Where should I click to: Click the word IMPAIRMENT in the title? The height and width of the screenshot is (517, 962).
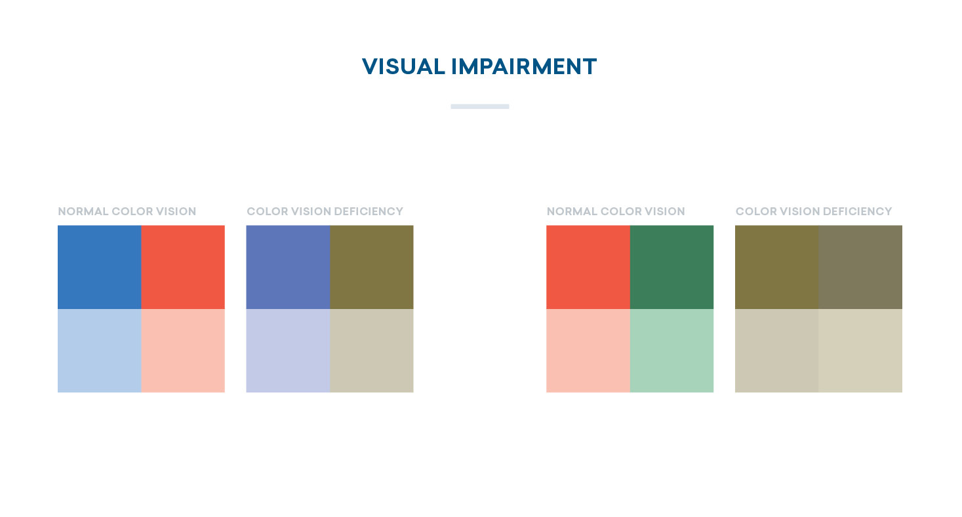[524, 67]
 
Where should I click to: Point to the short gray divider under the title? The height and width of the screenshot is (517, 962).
[480, 106]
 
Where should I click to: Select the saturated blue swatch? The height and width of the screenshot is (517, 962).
[99, 267]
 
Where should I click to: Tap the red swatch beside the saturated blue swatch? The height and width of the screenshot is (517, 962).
[183, 267]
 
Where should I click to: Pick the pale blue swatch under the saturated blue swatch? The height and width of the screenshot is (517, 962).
[99, 351]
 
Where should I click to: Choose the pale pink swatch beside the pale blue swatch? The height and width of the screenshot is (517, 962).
[183, 351]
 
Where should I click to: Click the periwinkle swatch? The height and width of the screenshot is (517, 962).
[288, 267]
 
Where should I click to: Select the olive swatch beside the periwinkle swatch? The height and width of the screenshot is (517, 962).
[371, 267]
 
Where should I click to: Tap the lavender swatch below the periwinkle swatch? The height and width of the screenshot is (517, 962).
[288, 351]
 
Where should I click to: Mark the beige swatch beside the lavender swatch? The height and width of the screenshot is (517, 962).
[371, 351]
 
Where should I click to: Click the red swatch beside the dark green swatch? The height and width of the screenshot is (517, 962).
[588, 267]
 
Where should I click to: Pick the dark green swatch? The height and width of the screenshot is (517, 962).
[671, 267]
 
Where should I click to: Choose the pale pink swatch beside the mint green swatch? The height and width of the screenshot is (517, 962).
[588, 351]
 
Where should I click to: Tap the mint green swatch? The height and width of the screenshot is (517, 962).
[671, 351]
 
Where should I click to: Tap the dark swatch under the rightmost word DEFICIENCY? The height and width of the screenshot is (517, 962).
[860, 267]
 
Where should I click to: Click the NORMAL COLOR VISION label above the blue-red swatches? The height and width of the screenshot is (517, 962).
[127, 211]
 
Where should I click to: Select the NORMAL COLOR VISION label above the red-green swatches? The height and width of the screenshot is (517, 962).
[616, 211]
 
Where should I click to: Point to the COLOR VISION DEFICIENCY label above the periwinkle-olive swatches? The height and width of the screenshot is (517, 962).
[325, 211]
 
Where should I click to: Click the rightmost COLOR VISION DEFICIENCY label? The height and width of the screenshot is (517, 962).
[814, 211]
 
